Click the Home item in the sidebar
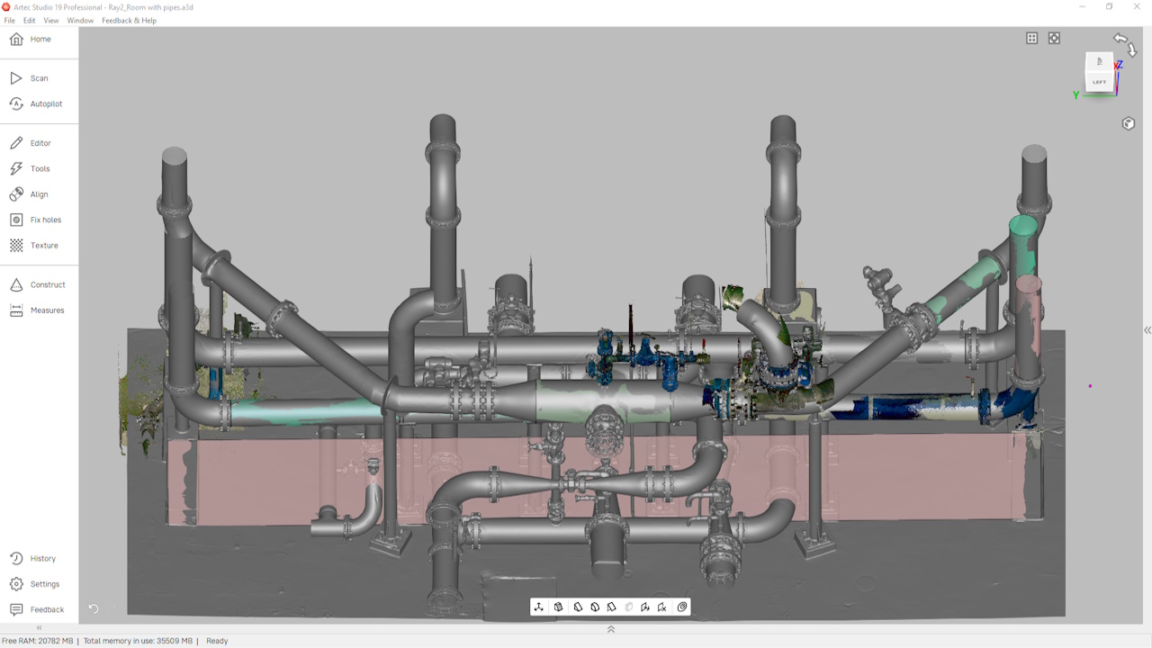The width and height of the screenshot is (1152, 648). [31, 39]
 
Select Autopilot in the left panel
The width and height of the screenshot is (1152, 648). [36, 103]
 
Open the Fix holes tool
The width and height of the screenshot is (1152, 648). [36, 220]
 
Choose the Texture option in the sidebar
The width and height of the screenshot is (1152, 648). [34, 246]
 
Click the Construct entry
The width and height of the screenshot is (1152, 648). [38, 285]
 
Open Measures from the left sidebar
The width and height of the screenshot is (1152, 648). [38, 310]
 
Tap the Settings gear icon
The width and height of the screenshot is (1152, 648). [16, 584]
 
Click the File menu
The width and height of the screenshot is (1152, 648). [9, 21]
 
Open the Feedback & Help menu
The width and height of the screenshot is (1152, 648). [129, 21]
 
